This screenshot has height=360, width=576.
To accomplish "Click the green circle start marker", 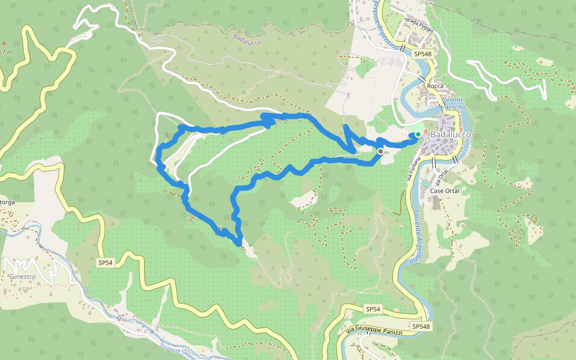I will tap(418, 134).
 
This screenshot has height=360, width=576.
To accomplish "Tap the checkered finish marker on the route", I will tap(380, 151).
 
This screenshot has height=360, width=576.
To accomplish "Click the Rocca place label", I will tap(435, 86).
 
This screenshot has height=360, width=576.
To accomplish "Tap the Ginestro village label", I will tap(22, 277).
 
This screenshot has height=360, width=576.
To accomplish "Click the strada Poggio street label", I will tap(419, 22).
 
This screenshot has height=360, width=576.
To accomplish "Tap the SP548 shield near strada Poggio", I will tap(422, 54).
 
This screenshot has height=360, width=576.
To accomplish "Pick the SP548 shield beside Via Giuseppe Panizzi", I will tap(421, 326).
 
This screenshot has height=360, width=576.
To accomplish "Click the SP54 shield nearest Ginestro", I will tap(105, 263).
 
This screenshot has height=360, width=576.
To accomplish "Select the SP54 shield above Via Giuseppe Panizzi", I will tap(373, 309).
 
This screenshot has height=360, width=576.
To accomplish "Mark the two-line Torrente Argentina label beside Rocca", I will tap(451, 102).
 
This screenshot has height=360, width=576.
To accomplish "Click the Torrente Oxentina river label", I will tap(178, 350).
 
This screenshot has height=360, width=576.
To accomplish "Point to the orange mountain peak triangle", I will tap(4, 43).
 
